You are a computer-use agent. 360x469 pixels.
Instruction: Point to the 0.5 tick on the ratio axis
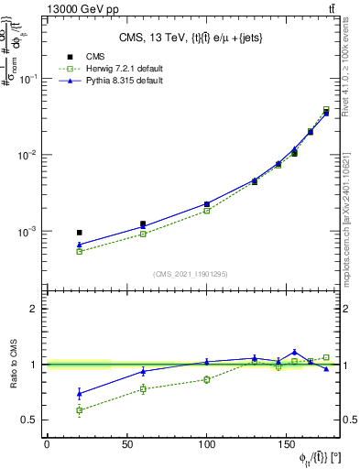point(31,420)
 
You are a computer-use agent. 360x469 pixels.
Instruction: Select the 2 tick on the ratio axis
point(35,310)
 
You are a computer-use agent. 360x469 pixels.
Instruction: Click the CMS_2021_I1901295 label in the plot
point(191,274)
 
